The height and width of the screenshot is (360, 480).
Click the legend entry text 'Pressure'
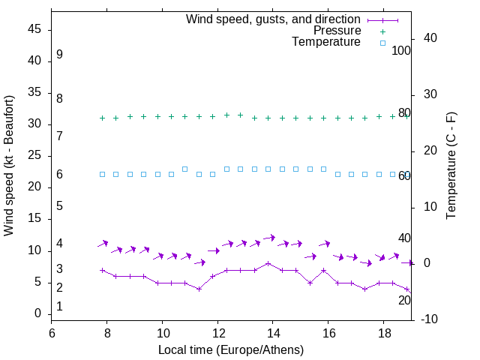(x=337, y=31)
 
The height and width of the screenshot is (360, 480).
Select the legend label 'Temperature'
(x=326, y=42)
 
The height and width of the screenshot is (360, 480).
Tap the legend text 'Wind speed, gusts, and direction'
(x=273, y=19)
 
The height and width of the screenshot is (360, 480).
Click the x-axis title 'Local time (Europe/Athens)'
(x=231, y=349)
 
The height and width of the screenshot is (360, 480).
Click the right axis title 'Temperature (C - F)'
(x=451, y=166)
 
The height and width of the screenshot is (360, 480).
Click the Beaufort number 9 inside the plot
(x=59, y=55)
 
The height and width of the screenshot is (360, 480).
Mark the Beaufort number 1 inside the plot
(x=59, y=307)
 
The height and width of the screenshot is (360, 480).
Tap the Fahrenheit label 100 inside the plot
(x=401, y=51)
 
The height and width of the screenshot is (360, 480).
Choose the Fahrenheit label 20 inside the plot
(x=404, y=300)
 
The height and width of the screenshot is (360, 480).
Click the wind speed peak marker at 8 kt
(x=268, y=263)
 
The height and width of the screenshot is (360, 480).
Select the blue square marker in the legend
(x=382, y=43)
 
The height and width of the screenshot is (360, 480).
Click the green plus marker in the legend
(x=382, y=31)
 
